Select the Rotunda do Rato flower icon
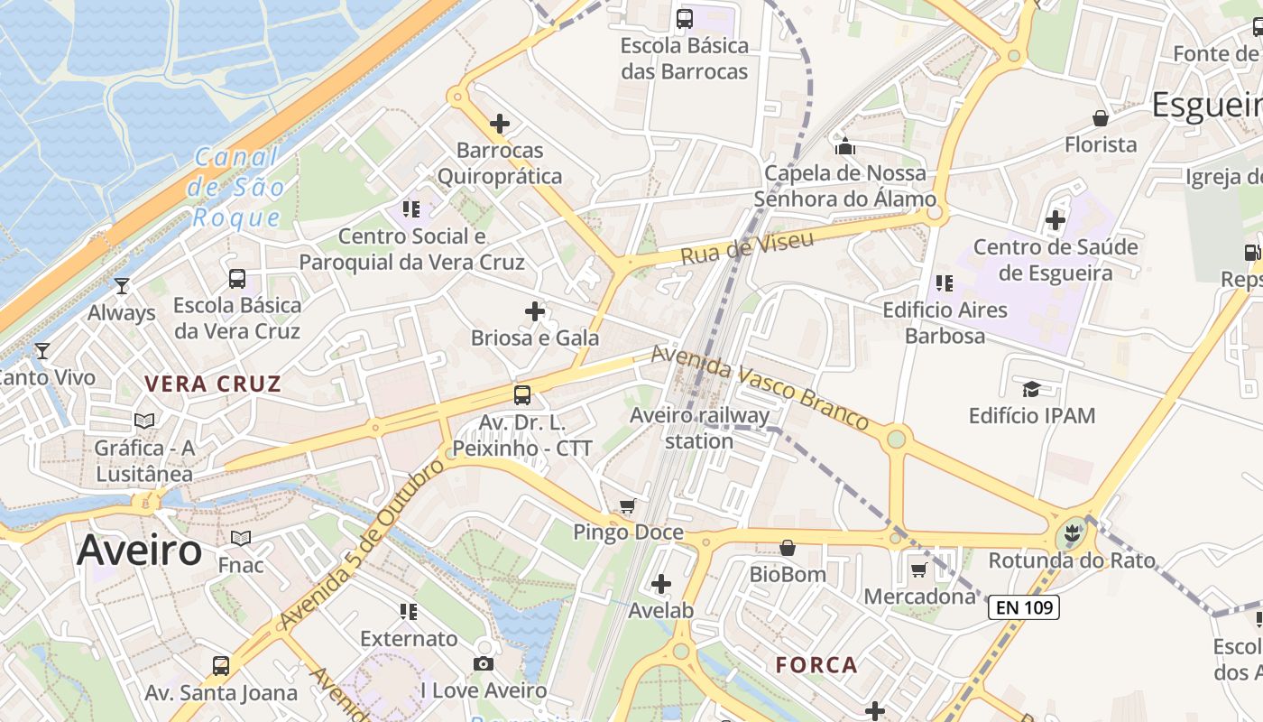click(1072, 533)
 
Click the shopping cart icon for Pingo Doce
click(628, 506)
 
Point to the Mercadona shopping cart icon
click(918, 569)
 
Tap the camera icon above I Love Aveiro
click(484, 664)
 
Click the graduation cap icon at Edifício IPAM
click(1030, 389)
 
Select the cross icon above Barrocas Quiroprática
click(500, 124)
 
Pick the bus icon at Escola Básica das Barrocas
click(685, 18)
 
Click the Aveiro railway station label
click(700, 428)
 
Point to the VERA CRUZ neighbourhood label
click(213, 384)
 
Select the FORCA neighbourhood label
click(816, 665)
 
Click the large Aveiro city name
click(140, 550)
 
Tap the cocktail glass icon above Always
click(122, 286)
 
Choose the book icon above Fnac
click(240, 539)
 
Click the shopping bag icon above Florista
click(1101, 118)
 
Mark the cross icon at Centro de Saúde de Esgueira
click(1056, 219)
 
